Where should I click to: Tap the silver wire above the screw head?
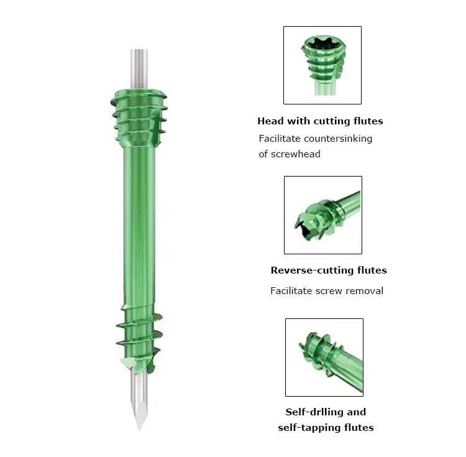[x=139, y=68]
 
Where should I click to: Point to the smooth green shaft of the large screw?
[x=138, y=224]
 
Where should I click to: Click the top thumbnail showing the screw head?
[x=322, y=65]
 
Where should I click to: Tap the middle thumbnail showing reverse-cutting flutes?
[x=322, y=215]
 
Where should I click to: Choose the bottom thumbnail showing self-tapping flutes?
[x=324, y=357]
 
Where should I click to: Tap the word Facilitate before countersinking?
[x=279, y=139]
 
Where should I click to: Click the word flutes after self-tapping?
[x=357, y=428]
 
